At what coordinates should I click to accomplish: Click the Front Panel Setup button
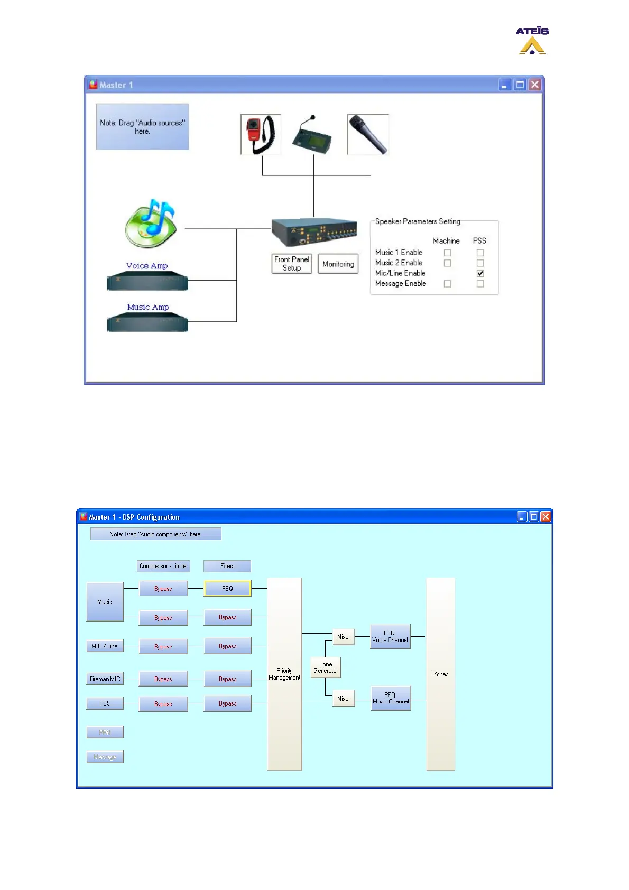point(291,263)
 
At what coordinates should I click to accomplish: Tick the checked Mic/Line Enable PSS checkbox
point(480,273)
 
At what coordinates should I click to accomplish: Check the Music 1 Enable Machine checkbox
point(447,253)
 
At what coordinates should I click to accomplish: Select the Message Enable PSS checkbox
point(480,284)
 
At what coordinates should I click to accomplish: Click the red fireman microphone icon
point(261,134)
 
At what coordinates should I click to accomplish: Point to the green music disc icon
point(151,224)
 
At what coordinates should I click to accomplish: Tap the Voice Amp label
point(147,266)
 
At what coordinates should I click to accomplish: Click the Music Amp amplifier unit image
point(147,322)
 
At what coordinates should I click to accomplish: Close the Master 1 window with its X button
point(535,85)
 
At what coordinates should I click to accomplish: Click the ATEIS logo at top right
point(532,41)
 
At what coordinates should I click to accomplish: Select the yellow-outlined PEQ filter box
point(227,589)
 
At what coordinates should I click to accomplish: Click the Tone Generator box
point(326,667)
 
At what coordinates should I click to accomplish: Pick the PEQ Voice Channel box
point(390,636)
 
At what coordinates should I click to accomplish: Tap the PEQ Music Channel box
point(391,698)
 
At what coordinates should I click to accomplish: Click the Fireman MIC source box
point(105,679)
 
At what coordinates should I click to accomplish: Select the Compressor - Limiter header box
point(163,566)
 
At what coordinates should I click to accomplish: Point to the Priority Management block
point(284,674)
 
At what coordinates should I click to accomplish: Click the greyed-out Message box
point(105,757)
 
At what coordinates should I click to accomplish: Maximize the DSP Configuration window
point(534,517)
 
